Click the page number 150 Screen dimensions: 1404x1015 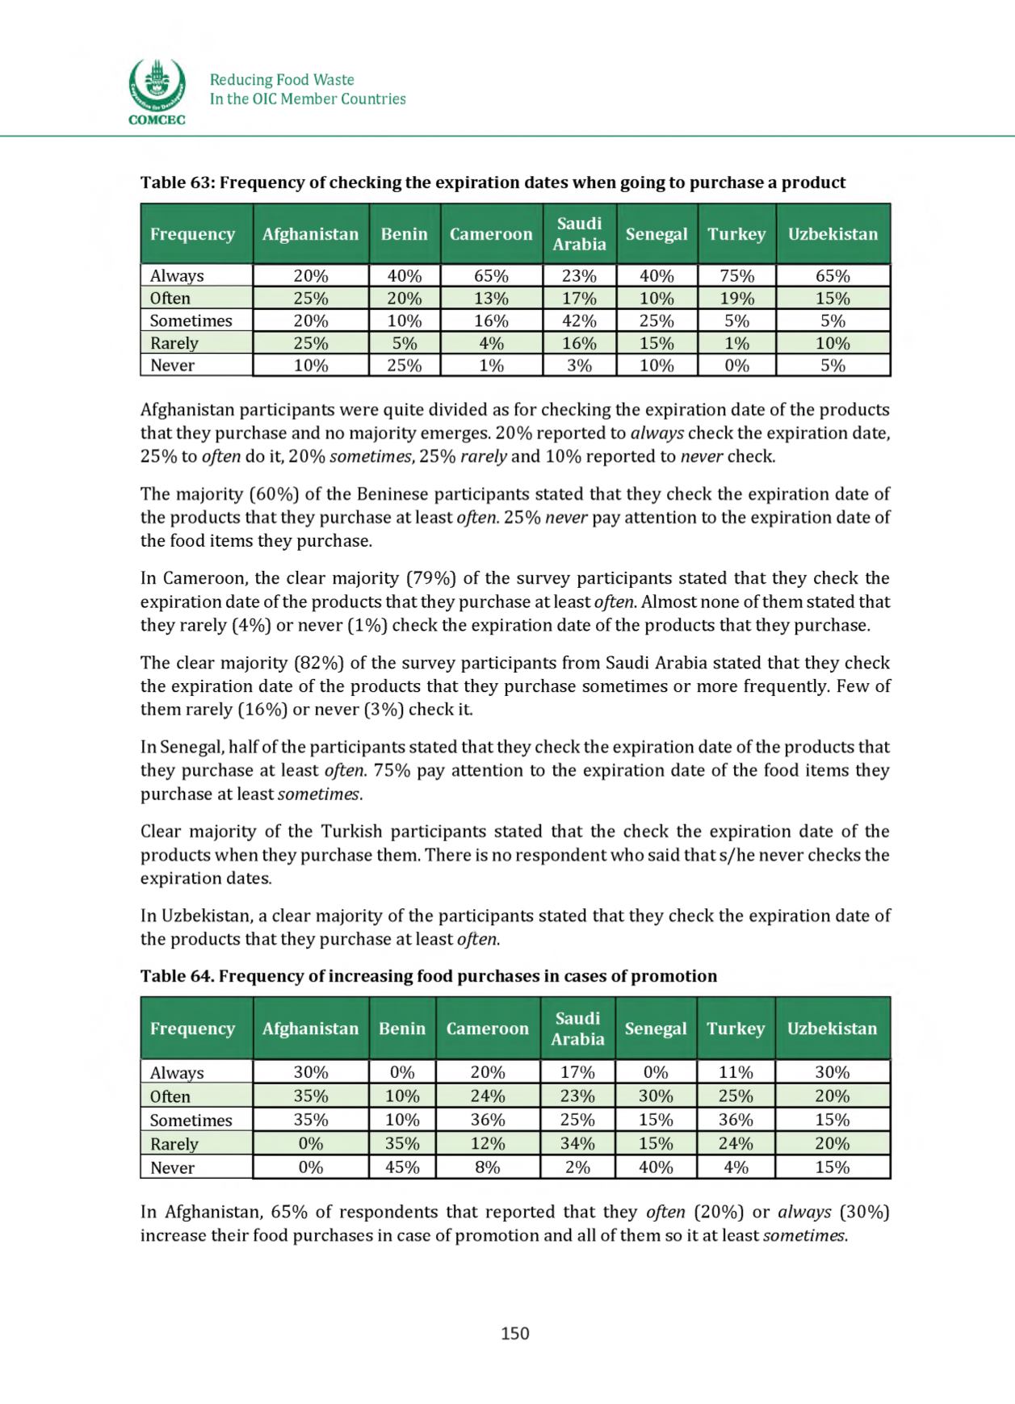click(x=514, y=1333)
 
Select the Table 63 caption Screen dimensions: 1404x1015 click(x=493, y=182)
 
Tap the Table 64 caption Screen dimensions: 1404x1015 click(x=428, y=976)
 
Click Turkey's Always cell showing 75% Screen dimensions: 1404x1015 click(x=736, y=275)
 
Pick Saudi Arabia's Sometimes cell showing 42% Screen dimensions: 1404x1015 click(x=579, y=321)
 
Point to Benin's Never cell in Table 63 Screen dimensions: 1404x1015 click(x=404, y=365)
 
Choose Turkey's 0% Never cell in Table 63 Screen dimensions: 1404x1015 click(x=736, y=365)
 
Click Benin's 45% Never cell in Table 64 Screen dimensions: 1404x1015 click(x=401, y=1167)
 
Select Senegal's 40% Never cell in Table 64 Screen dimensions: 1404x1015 click(x=655, y=1167)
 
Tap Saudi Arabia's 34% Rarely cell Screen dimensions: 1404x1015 click(x=577, y=1143)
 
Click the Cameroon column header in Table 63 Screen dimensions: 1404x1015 click(x=491, y=234)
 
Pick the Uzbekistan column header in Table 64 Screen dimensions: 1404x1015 click(x=832, y=1029)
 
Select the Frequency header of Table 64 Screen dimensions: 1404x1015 click(x=192, y=1029)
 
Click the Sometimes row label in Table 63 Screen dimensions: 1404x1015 click(x=191, y=321)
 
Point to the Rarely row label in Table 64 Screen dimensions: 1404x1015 click(x=174, y=1143)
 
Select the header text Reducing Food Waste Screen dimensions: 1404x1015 click(x=282, y=80)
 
